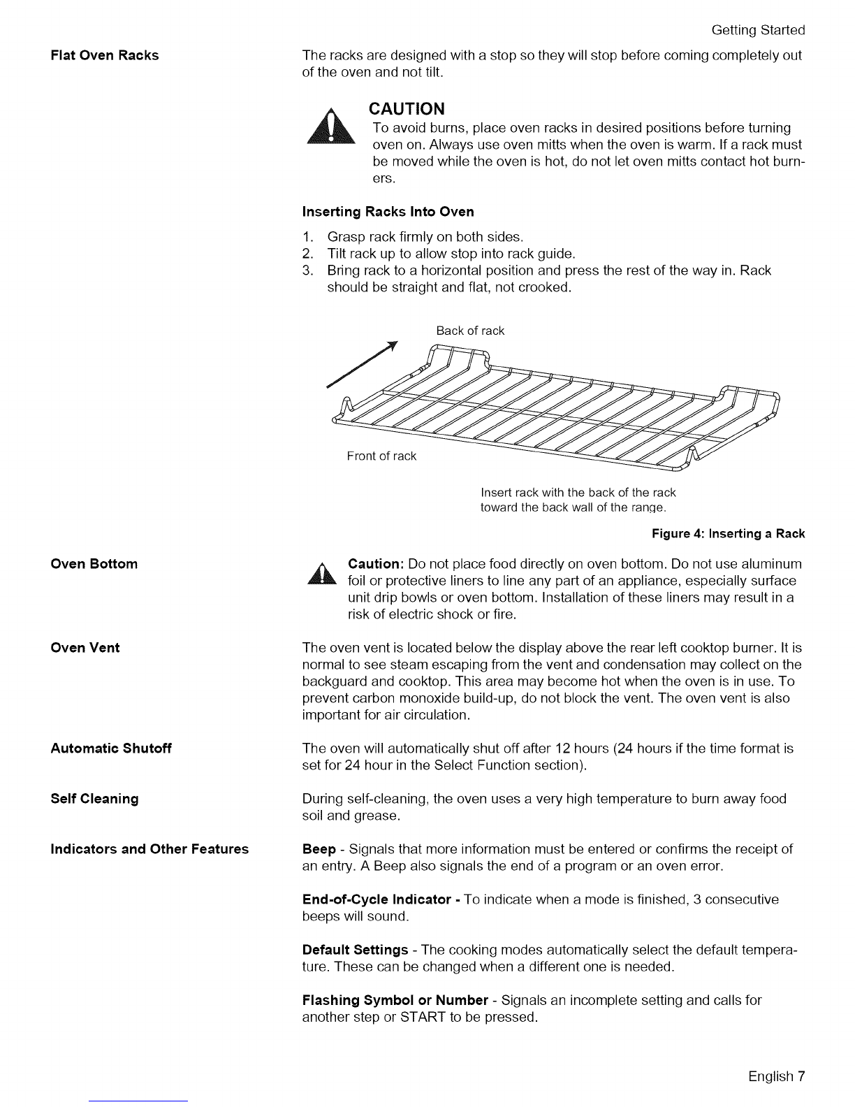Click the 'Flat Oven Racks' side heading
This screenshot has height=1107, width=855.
pyautogui.click(x=105, y=55)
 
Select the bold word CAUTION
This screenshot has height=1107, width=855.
pyautogui.click(x=407, y=109)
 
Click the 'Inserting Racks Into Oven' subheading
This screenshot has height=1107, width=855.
pyautogui.click(x=388, y=212)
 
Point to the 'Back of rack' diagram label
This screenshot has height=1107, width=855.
pyautogui.click(x=470, y=331)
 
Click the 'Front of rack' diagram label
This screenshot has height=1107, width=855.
pyautogui.click(x=381, y=456)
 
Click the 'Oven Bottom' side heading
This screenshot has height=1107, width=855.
pyautogui.click(x=94, y=564)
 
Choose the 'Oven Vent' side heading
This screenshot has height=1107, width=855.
pyautogui.click(x=85, y=648)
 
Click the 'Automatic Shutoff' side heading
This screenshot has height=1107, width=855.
pyautogui.click(x=111, y=748)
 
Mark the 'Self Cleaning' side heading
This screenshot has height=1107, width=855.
pyautogui.click(x=94, y=799)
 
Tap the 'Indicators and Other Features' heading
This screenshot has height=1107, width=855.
pyautogui.click(x=149, y=849)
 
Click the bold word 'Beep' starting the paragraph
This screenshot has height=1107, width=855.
pyautogui.click(x=319, y=849)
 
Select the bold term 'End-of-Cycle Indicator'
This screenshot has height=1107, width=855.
pyautogui.click(x=376, y=899)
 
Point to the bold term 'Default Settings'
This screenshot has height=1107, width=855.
pyautogui.click(x=355, y=950)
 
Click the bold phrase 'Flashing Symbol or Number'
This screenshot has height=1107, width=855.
pyautogui.click(x=395, y=1000)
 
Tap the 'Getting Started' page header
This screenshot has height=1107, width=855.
pyautogui.click(x=758, y=30)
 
